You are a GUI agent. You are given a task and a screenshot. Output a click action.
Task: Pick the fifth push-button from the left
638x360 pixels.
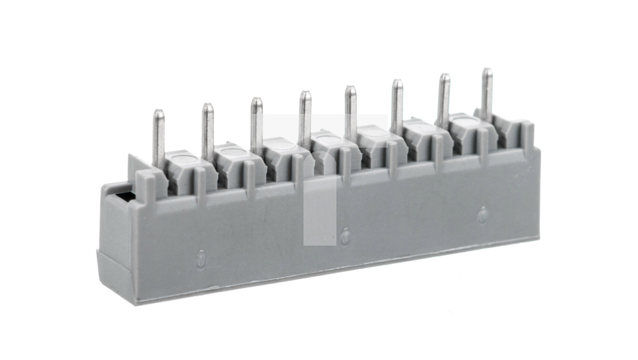(x=375, y=133)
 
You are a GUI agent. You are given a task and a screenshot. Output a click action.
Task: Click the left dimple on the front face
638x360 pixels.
(x=201, y=258)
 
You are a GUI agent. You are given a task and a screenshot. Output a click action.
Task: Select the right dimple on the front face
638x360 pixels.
(x=483, y=214)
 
